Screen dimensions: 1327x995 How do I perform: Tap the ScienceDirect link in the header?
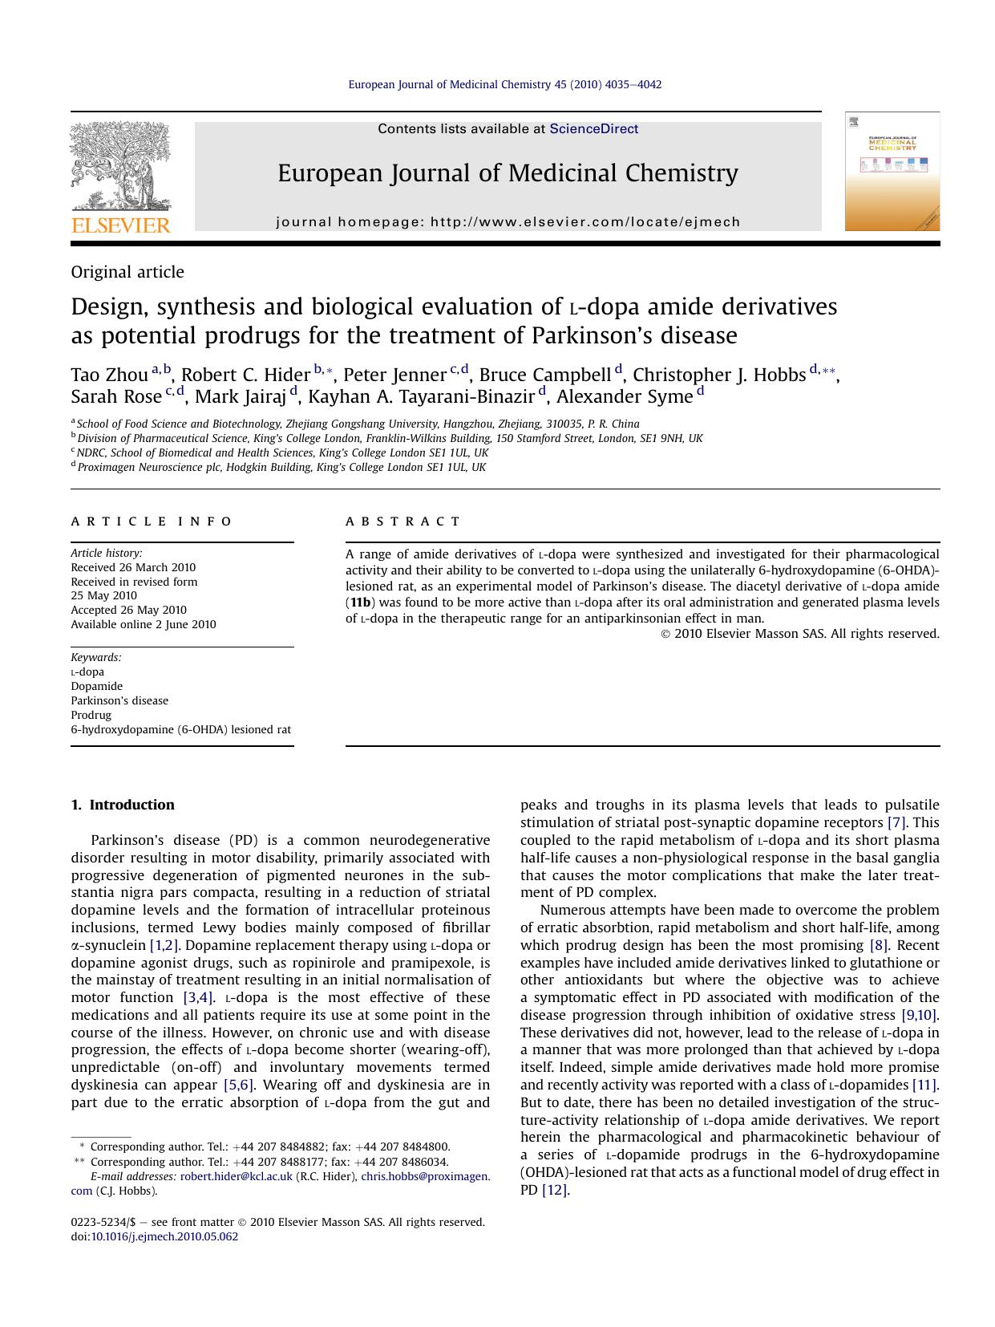coord(593,128)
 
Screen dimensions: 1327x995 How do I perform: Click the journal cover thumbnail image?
coord(892,171)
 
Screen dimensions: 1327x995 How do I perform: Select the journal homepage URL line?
coord(508,221)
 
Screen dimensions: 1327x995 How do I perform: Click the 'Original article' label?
coord(127,272)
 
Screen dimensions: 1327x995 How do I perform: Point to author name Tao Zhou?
coord(109,375)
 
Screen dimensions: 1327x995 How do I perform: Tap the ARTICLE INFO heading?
coord(152,521)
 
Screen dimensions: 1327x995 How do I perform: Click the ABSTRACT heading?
coord(403,521)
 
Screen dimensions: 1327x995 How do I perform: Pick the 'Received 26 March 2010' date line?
coord(133,567)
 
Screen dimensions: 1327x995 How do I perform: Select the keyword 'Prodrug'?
coord(91,715)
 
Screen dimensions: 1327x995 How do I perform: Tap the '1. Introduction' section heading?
coord(123,805)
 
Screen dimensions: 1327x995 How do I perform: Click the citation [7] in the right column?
coord(896,822)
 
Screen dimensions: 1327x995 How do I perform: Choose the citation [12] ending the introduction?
coord(555,1190)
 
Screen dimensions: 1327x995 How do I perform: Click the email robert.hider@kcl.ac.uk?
coord(236,1176)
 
